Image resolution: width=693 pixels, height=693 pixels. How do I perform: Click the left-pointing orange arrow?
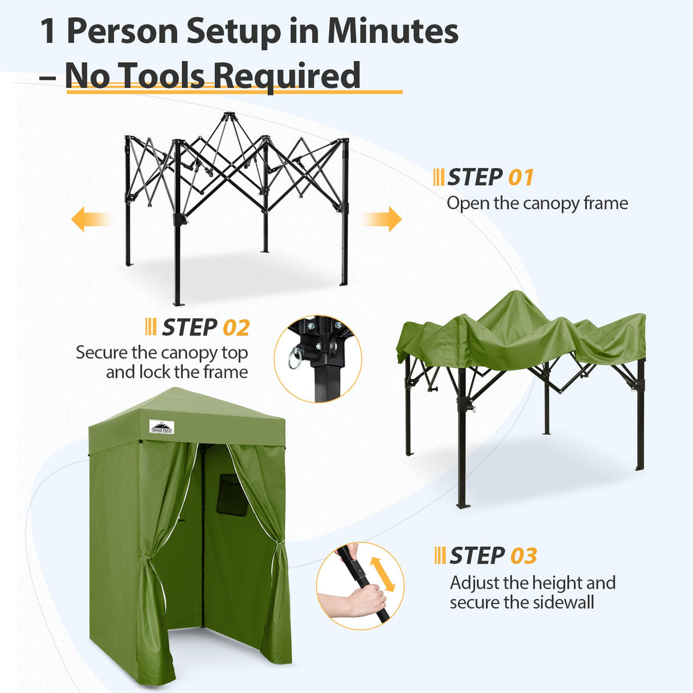point(88,219)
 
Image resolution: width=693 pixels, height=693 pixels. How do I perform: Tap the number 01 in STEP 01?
point(521,178)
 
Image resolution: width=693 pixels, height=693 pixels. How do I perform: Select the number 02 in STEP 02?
point(236,328)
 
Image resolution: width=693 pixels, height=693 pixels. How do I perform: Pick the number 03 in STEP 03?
point(523,555)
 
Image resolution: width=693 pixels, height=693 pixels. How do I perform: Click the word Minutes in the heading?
point(393,31)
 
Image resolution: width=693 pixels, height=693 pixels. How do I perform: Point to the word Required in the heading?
point(287,77)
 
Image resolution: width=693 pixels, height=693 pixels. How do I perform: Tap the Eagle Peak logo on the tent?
point(162,426)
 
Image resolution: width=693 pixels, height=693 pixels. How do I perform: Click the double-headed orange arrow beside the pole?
point(382,574)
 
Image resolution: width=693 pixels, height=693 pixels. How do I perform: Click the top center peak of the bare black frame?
point(228,116)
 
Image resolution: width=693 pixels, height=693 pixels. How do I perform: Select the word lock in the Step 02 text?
point(154,372)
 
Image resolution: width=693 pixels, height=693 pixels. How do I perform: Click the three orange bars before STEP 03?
point(440,555)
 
